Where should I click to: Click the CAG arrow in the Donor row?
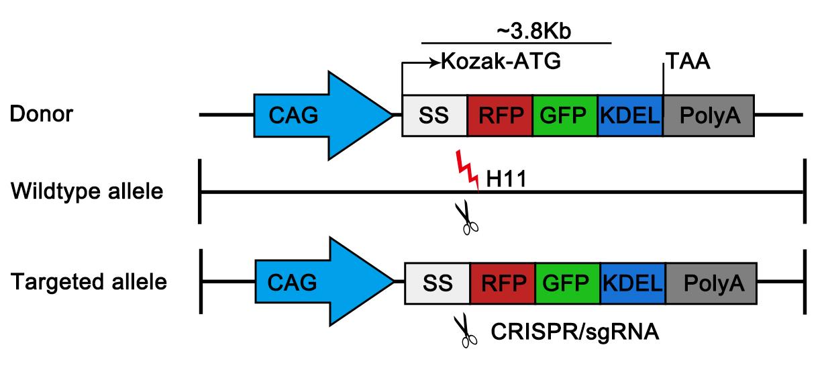315,115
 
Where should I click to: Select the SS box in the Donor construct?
434,115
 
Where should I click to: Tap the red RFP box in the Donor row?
500,115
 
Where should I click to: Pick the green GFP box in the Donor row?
565,115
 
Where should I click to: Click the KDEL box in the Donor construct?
629,115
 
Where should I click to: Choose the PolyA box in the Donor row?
709,115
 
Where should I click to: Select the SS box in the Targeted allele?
438,283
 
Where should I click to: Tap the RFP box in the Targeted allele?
503,283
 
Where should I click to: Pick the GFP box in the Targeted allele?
568,283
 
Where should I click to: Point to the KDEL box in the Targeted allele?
633,283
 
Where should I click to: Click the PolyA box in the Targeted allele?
711,283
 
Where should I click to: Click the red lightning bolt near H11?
467,170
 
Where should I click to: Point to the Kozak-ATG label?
500,62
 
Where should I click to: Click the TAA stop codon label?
688,62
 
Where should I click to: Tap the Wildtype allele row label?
87,192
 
